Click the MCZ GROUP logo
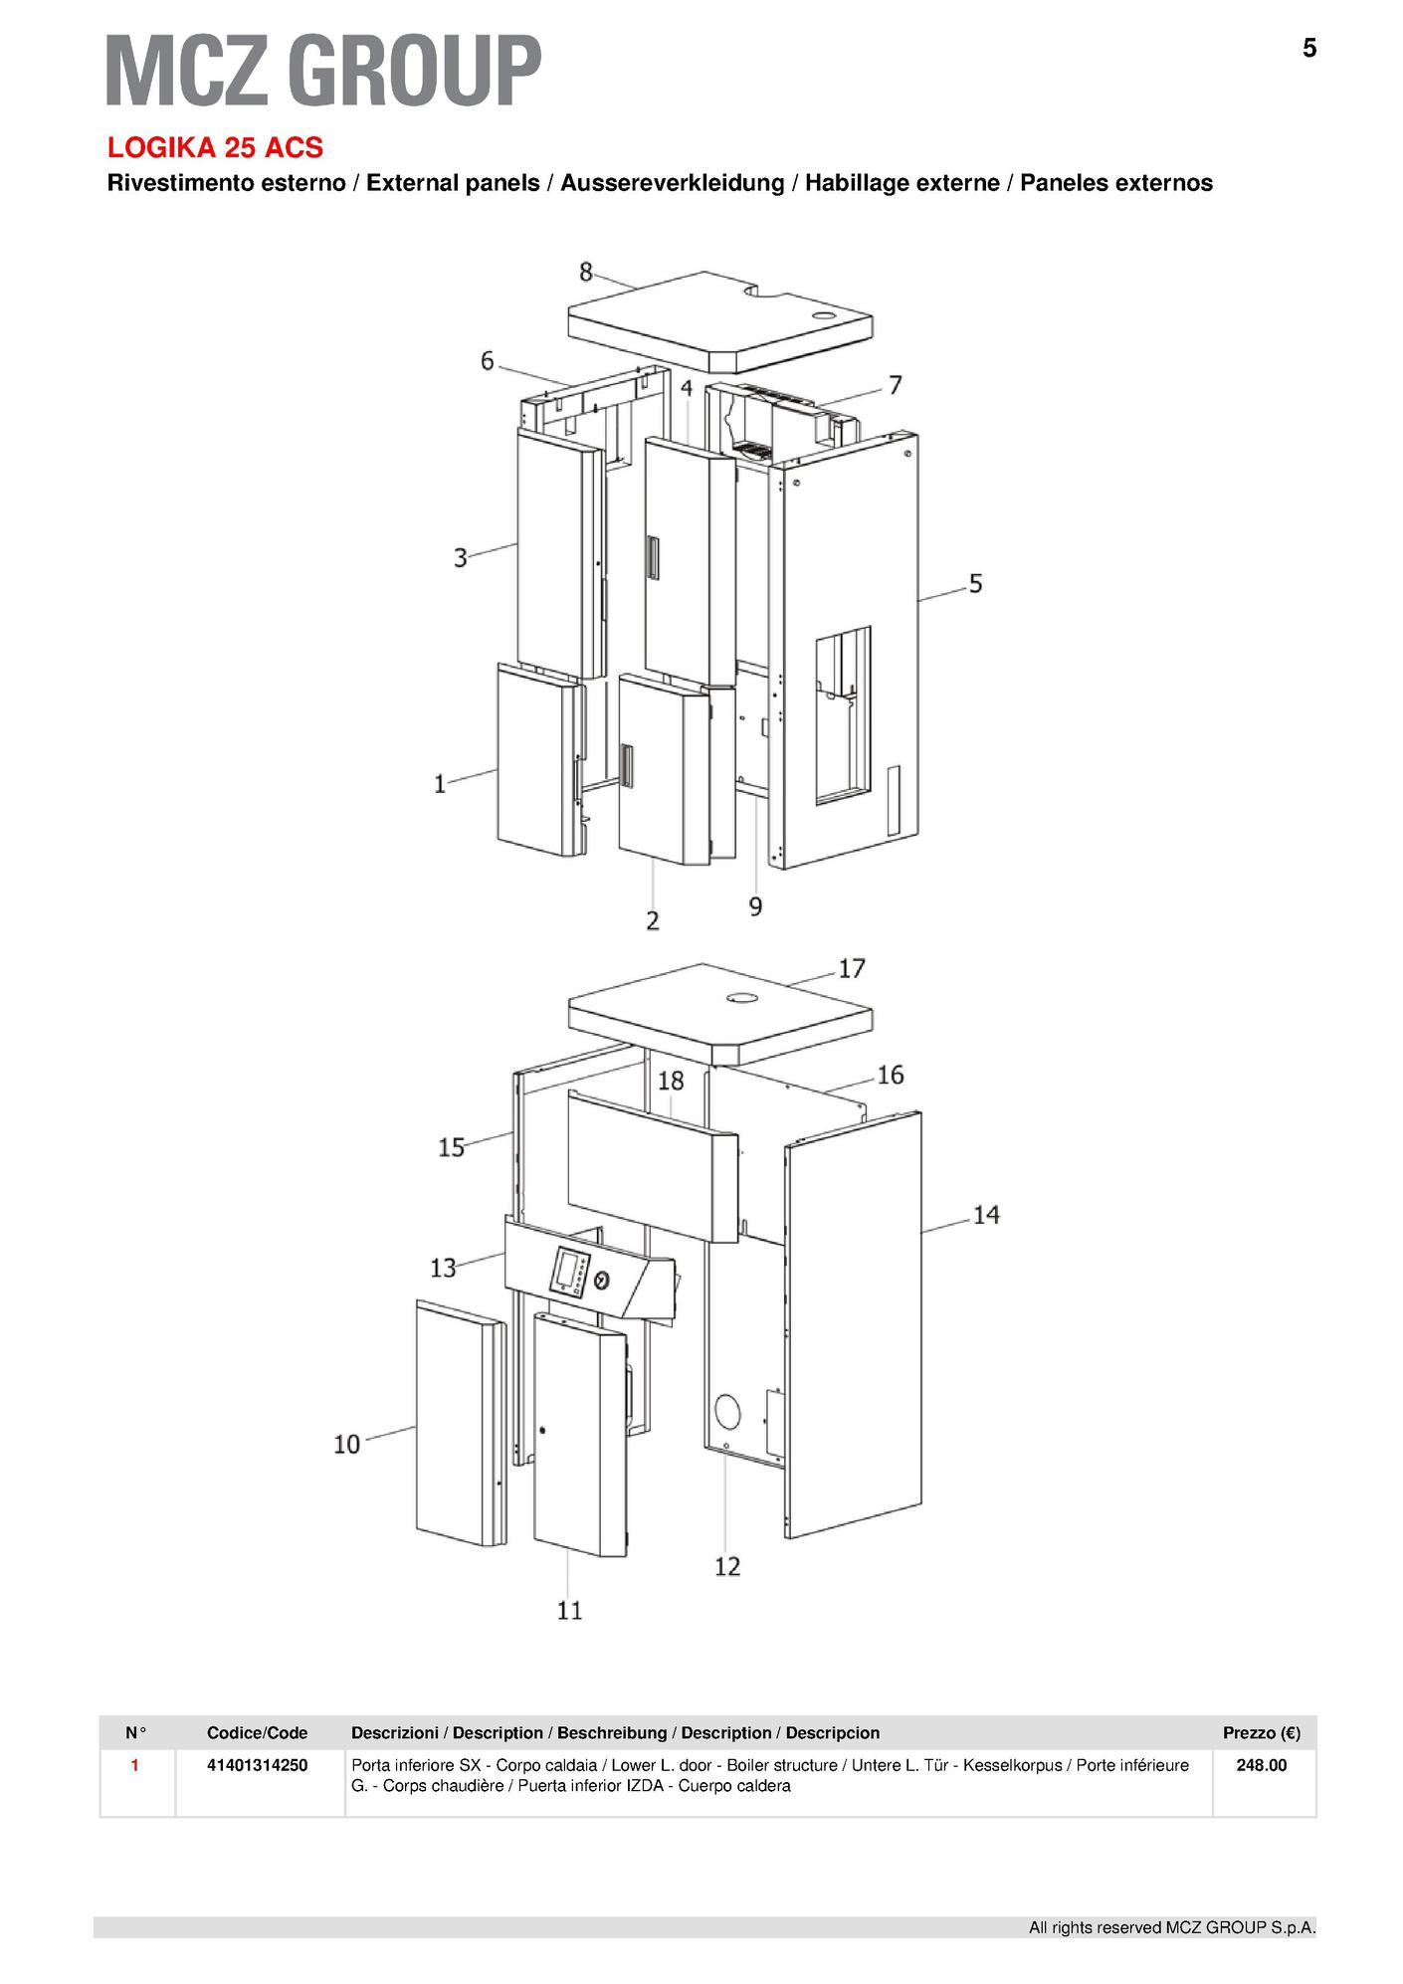coord(324,70)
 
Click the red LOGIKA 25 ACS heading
coord(215,148)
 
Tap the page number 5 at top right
coord(1309,48)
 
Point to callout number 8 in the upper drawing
coord(586,272)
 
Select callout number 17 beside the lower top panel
coord(852,968)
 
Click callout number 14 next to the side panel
coord(986,1215)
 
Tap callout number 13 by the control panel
coord(443,1268)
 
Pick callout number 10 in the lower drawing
coord(346,1444)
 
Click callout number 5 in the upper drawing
coord(975,584)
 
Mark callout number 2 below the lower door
coord(653,921)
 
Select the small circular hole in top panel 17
coord(739,997)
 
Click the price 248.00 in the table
coord(1261,1765)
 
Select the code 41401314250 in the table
coord(257,1765)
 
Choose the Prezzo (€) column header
coord(1262,1733)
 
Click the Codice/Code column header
coord(257,1733)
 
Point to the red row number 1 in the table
coord(135,1765)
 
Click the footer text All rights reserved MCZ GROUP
coord(1172,1928)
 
